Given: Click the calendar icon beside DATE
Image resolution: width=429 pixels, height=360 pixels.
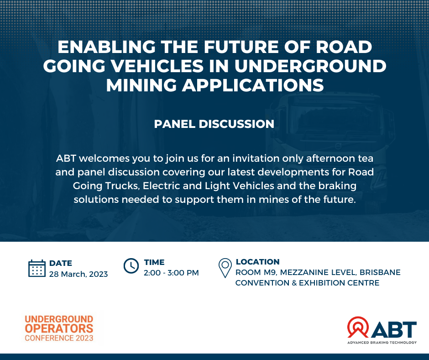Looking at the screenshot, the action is click(37, 268).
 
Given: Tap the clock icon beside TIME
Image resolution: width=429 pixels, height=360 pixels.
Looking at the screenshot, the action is click(131, 266).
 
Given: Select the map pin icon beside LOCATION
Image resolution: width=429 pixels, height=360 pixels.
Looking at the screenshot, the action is click(225, 268).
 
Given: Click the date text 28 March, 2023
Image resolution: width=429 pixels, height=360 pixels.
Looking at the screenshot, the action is click(78, 274).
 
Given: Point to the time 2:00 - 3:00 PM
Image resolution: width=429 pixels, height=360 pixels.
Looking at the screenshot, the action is click(171, 273).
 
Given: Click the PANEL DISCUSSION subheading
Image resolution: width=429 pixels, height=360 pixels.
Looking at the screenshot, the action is click(214, 124).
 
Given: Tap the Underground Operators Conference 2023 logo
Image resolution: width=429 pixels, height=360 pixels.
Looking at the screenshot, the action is click(59, 328).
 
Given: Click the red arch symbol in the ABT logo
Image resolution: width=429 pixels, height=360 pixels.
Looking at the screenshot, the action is click(358, 327).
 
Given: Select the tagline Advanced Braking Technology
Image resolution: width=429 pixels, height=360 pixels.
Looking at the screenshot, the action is click(382, 343).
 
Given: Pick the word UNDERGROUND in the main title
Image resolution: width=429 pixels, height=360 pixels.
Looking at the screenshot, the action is click(310, 66).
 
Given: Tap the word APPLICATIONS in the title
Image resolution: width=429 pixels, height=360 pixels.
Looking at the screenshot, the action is click(253, 85).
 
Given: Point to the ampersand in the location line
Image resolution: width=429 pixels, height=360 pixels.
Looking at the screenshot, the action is click(294, 283).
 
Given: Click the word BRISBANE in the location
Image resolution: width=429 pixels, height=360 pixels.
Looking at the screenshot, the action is click(380, 272).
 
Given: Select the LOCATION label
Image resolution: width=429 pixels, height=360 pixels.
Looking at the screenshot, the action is click(258, 262).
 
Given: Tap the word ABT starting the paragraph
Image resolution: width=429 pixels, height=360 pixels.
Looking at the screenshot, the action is click(66, 159).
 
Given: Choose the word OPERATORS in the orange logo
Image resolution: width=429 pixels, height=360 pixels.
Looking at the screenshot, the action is click(59, 328).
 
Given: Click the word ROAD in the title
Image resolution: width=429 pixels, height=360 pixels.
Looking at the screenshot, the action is click(344, 47).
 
